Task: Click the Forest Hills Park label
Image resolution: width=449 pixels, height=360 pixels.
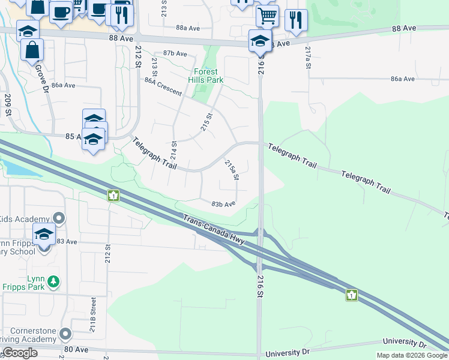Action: [x=206, y=76]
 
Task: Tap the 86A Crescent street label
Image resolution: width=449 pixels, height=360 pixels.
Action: [x=163, y=87]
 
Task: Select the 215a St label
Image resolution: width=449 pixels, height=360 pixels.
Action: [x=232, y=169]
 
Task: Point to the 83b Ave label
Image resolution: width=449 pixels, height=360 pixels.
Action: [x=223, y=204]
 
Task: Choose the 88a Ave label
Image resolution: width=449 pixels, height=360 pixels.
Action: [x=187, y=28]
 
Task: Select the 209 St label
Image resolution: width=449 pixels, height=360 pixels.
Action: [x=8, y=104]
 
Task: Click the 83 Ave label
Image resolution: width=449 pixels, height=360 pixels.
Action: [x=67, y=241]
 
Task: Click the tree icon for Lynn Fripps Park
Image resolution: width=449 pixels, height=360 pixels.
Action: [x=53, y=280]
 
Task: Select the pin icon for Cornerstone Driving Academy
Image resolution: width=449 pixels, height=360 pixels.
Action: [x=65, y=334]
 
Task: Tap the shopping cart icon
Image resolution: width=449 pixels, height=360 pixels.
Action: [x=267, y=14]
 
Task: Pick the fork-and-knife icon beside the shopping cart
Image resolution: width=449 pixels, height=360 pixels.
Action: [x=296, y=19]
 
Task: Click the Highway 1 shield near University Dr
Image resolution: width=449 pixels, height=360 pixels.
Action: [x=352, y=295]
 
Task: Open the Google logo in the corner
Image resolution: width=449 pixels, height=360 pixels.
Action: [x=20, y=353]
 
